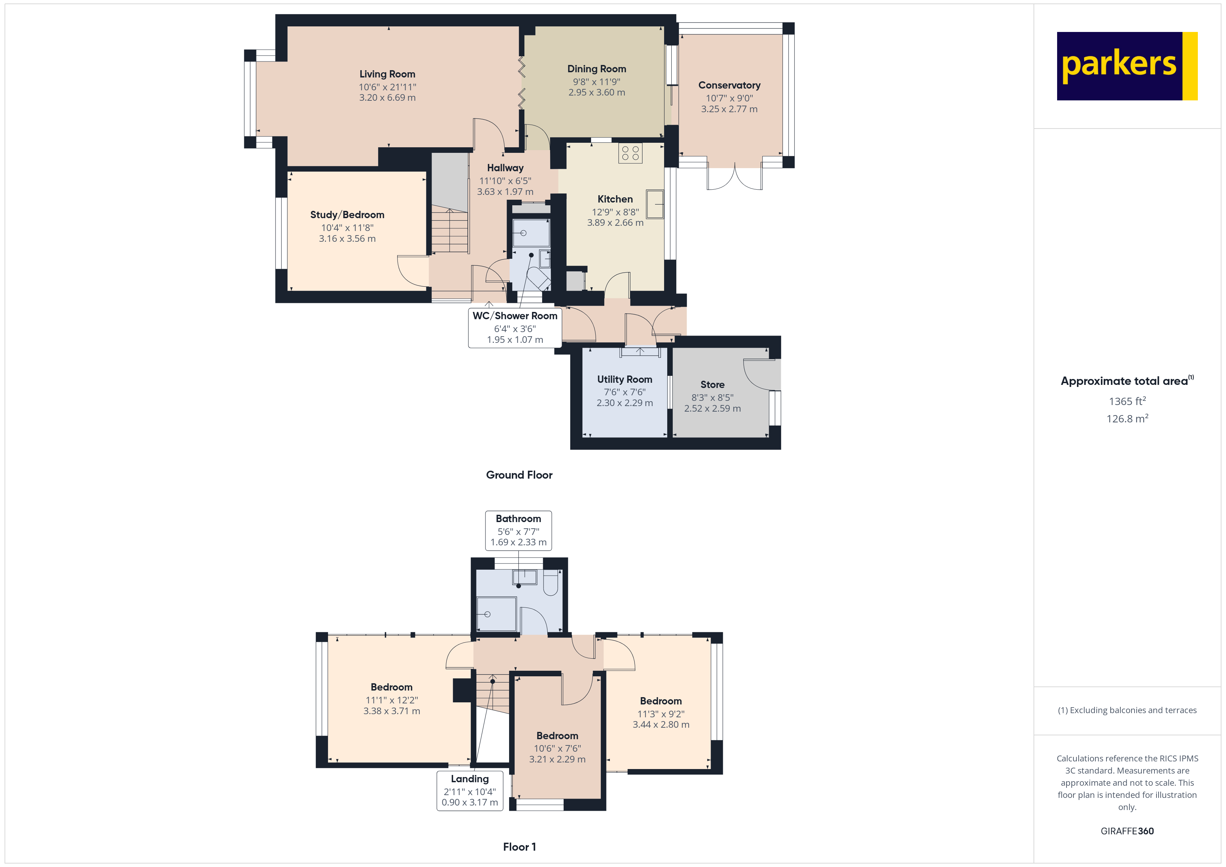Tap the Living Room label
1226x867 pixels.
click(x=387, y=74)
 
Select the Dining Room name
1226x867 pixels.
click(x=596, y=69)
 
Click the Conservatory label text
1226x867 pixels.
click(x=729, y=85)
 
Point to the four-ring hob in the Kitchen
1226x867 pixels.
click(x=630, y=153)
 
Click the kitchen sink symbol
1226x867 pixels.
click(x=655, y=204)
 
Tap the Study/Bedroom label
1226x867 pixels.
click(x=347, y=215)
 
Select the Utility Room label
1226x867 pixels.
click(x=625, y=380)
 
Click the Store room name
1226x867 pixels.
click(x=712, y=385)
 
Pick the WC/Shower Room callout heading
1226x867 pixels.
click(x=515, y=316)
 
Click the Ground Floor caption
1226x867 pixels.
click(x=519, y=475)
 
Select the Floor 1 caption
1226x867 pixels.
click(x=520, y=847)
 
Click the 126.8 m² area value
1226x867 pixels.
click(x=1127, y=419)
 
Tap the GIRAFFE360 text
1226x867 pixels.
click(x=1127, y=831)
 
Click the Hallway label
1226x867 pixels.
click(x=505, y=168)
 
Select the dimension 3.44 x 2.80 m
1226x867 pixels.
click(x=661, y=725)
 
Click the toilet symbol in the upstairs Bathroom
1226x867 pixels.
click(x=551, y=584)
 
